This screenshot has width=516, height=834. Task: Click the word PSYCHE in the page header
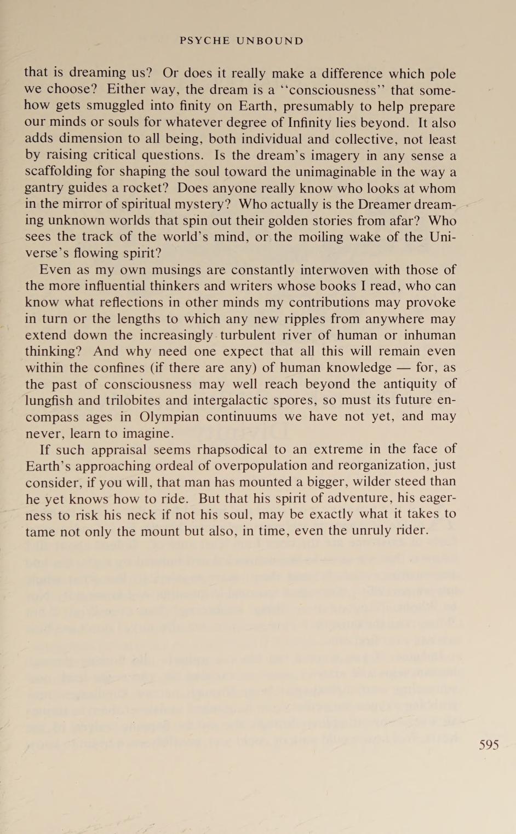coord(204,41)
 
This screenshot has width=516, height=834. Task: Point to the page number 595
coord(489,744)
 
